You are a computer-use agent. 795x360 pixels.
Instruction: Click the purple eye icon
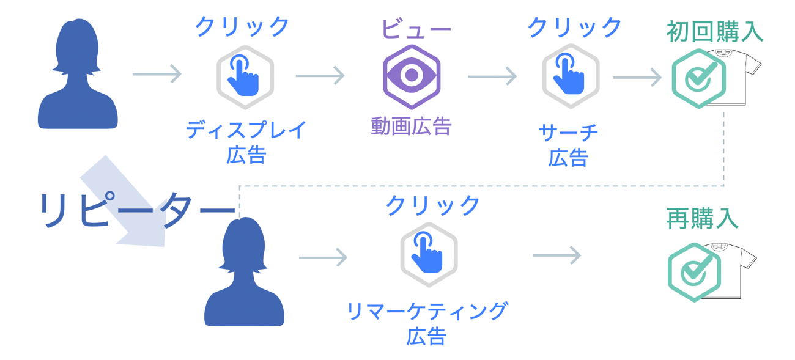coord(412,77)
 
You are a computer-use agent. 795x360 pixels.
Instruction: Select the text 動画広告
coord(411,127)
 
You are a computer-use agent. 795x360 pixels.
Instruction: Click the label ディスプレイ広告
coord(246,142)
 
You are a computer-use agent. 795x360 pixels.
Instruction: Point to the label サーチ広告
coord(568,145)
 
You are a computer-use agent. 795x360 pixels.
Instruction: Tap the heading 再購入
coord(702,217)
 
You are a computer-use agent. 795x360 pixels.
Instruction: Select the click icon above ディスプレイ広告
coord(245,77)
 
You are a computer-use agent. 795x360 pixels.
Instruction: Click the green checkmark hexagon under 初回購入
coord(698,78)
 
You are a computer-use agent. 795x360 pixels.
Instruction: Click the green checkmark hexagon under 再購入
coord(693,272)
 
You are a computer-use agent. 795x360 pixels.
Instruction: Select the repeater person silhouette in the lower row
coord(244,271)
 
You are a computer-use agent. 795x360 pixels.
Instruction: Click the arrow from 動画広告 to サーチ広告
coord(492,77)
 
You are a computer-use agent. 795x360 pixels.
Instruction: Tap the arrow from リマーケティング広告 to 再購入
coord(556,255)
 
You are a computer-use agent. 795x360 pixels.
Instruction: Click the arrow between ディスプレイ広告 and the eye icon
coord(320,76)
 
